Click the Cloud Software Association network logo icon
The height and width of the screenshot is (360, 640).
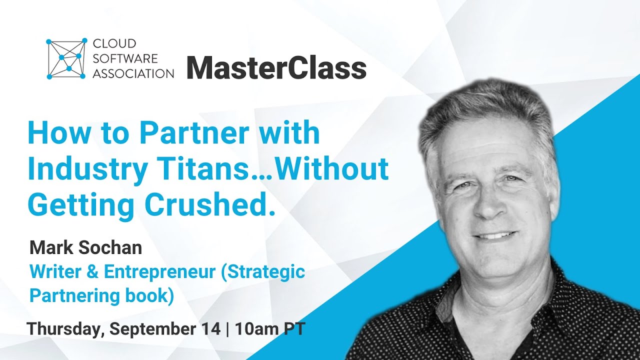point(65,58)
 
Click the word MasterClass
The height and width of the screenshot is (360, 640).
point(276,67)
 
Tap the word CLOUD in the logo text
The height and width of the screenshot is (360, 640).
point(107,44)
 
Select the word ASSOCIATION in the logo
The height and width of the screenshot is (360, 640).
point(133,73)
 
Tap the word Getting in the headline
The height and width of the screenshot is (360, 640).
point(81,205)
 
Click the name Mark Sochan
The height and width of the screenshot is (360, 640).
point(86,247)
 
